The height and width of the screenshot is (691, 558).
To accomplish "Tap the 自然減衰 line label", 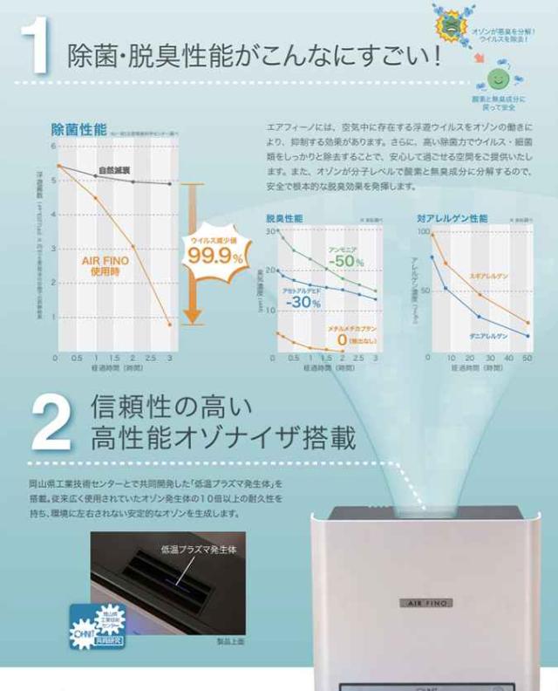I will pos(115,169).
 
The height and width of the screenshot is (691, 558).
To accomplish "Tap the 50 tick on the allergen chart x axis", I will pos(527,359).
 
